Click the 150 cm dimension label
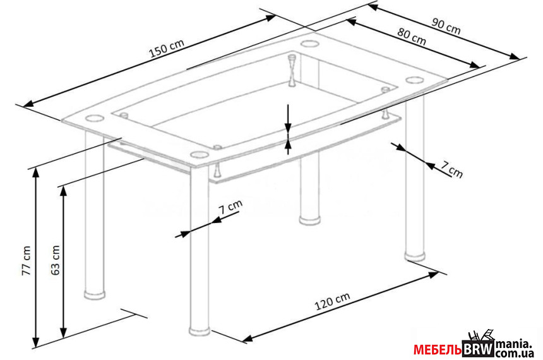click(167, 48)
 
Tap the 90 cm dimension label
click(446, 27)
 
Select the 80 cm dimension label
click(412, 37)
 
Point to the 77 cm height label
click(27, 261)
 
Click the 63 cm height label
click(56, 260)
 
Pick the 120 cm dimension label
click(332, 301)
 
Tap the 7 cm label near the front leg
click(230, 207)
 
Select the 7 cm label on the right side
click(451, 170)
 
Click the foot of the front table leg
click(200, 330)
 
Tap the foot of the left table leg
click(95, 294)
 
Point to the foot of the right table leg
click(415, 256)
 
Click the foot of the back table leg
click(310, 220)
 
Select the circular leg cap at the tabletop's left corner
click(94, 119)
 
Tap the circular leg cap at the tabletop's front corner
click(198, 154)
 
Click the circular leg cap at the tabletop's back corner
click(309, 44)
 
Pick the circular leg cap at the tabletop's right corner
click(415, 80)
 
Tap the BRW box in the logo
click(478, 349)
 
